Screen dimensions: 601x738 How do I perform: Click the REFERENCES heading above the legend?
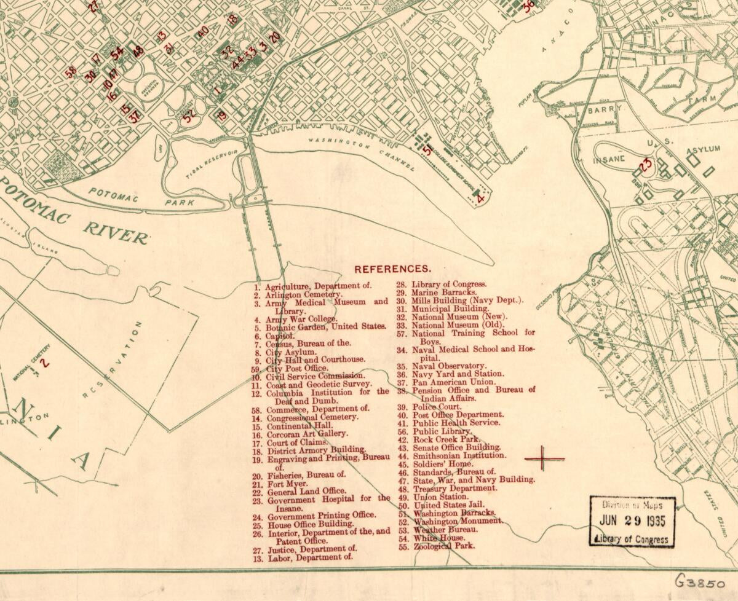pyautogui.click(x=392, y=269)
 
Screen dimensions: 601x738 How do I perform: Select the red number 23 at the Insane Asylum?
pyautogui.click(x=645, y=165)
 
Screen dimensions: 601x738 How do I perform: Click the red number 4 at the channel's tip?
pyautogui.click(x=481, y=198)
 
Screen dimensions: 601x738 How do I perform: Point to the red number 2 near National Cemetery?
pyautogui.click(x=44, y=363)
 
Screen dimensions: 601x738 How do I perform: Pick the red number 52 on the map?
pyautogui.click(x=189, y=113)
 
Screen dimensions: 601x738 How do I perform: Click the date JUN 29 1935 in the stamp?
pyautogui.click(x=632, y=518)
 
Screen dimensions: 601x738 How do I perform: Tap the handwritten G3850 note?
pyautogui.click(x=700, y=581)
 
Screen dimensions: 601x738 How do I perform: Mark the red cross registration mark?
pyautogui.click(x=544, y=458)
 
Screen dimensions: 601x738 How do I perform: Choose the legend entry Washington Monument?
pyautogui.click(x=457, y=521)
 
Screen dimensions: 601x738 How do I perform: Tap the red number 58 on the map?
pyautogui.click(x=71, y=71)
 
